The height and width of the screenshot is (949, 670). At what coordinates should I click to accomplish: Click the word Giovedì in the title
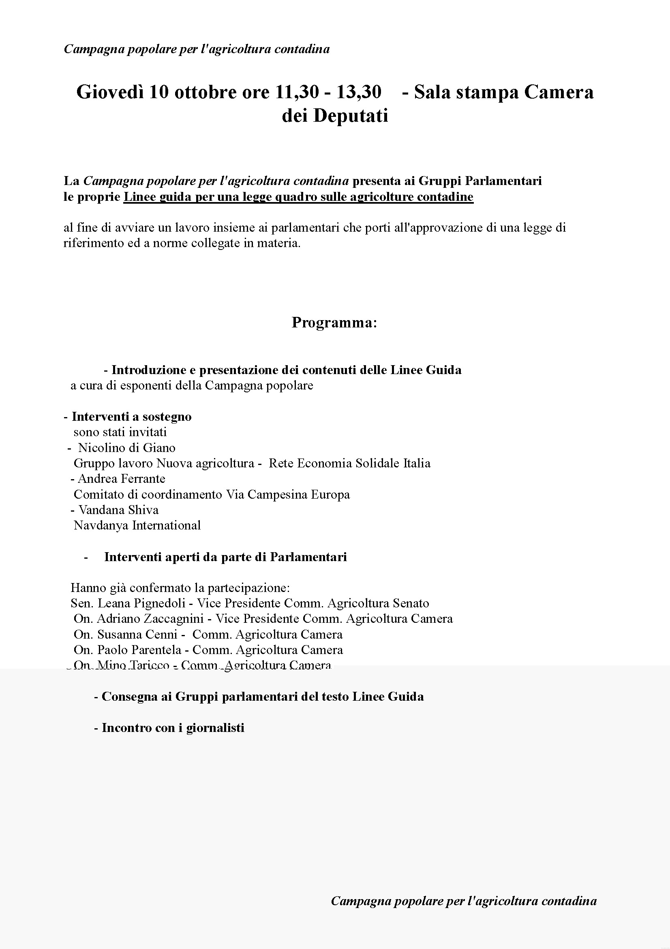click(110, 92)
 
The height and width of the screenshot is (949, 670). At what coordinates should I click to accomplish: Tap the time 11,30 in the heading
click(297, 92)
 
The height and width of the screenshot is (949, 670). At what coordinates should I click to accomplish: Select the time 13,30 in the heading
click(359, 92)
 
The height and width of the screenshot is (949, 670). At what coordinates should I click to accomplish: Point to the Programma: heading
click(334, 323)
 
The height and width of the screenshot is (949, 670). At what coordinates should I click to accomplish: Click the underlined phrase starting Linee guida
click(298, 197)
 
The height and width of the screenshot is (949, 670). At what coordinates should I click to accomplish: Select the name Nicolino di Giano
click(127, 448)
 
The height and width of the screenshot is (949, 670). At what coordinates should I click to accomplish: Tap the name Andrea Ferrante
click(121, 479)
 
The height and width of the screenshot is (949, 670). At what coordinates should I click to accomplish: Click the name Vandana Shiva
click(118, 510)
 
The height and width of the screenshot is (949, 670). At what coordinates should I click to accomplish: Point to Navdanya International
click(137, 525)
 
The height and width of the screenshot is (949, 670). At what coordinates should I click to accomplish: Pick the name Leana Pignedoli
click(141, 603)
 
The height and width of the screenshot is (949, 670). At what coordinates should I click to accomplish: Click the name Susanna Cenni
click(137, 635)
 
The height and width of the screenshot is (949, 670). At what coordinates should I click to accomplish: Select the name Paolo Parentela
click(139, 650)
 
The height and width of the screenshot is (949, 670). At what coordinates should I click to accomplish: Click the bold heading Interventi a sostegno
click(131, 417)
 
